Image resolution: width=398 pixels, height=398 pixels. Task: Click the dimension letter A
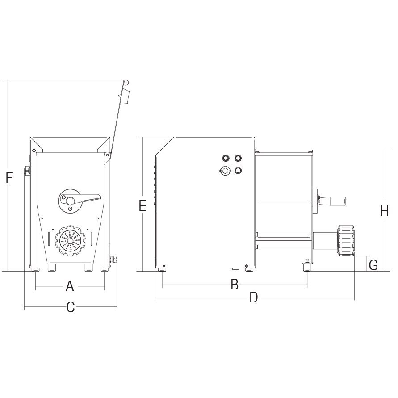[70, 286]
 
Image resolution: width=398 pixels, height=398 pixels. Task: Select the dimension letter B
[235, 284]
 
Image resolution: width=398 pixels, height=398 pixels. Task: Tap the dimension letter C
[71, 307]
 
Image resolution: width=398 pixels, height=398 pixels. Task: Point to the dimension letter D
[254, 297]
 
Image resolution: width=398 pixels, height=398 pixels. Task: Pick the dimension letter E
[142, 205]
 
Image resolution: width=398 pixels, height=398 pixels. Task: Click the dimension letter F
[9, 177]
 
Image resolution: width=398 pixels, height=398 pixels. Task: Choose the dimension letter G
[373, 265]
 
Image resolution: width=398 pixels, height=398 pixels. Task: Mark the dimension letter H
[385, 211]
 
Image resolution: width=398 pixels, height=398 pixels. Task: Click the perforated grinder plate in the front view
[71, 240]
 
